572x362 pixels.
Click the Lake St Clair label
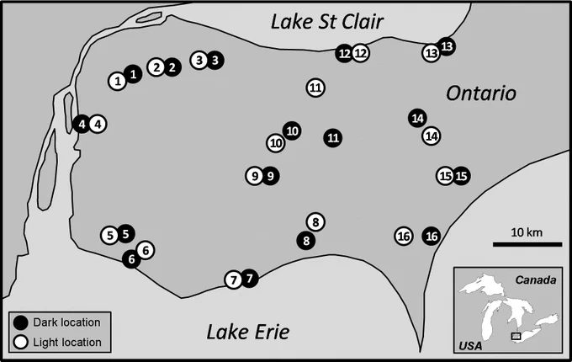[327, 22]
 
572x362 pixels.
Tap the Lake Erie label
[248, 332]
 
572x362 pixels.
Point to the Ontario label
[481, 93]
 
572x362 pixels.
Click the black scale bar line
[527, 244]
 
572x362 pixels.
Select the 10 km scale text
[527, 232]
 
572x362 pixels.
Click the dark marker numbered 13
[447, 46]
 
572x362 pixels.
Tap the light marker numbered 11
[315, 88]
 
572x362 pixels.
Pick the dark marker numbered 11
[333, 138]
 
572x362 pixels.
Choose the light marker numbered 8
[315, 222]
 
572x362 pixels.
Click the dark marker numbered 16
[432, 236]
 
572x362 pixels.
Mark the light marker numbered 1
[118, 81]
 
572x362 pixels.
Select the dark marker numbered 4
[82, 124]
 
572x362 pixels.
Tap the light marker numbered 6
[146, 250]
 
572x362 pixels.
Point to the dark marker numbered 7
[250, 279]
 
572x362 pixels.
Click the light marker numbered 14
[432, 136]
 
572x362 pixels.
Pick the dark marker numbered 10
[292, 130]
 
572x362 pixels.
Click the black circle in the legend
[21, 322]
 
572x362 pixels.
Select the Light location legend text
[67, 343]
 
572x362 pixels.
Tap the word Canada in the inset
[536, 279]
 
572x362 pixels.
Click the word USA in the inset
[470, 345]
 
